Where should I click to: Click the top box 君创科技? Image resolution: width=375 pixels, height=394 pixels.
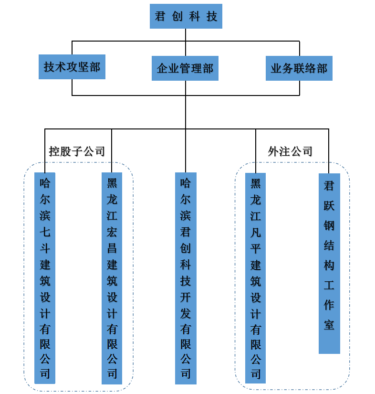click(x=186, y=16)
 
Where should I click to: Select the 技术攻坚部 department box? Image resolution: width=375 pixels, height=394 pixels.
click(x=72, y=66)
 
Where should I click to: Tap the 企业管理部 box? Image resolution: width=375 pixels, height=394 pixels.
click(x=185, y=68)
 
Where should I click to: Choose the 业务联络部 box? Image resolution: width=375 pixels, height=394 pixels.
click(x=299, y=68)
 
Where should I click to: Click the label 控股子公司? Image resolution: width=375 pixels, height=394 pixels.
click(x=77, y=151)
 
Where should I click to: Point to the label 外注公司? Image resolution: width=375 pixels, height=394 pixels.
click(x=290, y=151)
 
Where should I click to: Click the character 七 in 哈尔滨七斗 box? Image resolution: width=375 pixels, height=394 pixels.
click(x=45, y=232)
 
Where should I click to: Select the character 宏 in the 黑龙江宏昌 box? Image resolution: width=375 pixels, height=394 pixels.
click(x=112, y=232)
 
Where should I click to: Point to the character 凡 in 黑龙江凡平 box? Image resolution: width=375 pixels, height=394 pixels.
click(x=256, y=232)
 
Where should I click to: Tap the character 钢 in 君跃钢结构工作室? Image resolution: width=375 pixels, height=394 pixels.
click(x=329, y=225)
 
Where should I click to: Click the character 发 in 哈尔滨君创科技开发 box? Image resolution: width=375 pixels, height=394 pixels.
click(x=186, y=313)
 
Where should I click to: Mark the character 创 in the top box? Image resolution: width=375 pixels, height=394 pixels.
click(x=178, y=17)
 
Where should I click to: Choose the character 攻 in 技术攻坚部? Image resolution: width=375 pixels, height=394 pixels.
click(x=72, y=67)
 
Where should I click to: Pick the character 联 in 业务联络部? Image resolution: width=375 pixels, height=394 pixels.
click(x=299, y=69)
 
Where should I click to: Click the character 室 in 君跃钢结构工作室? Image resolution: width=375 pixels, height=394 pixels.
click(x=329, y=325)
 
